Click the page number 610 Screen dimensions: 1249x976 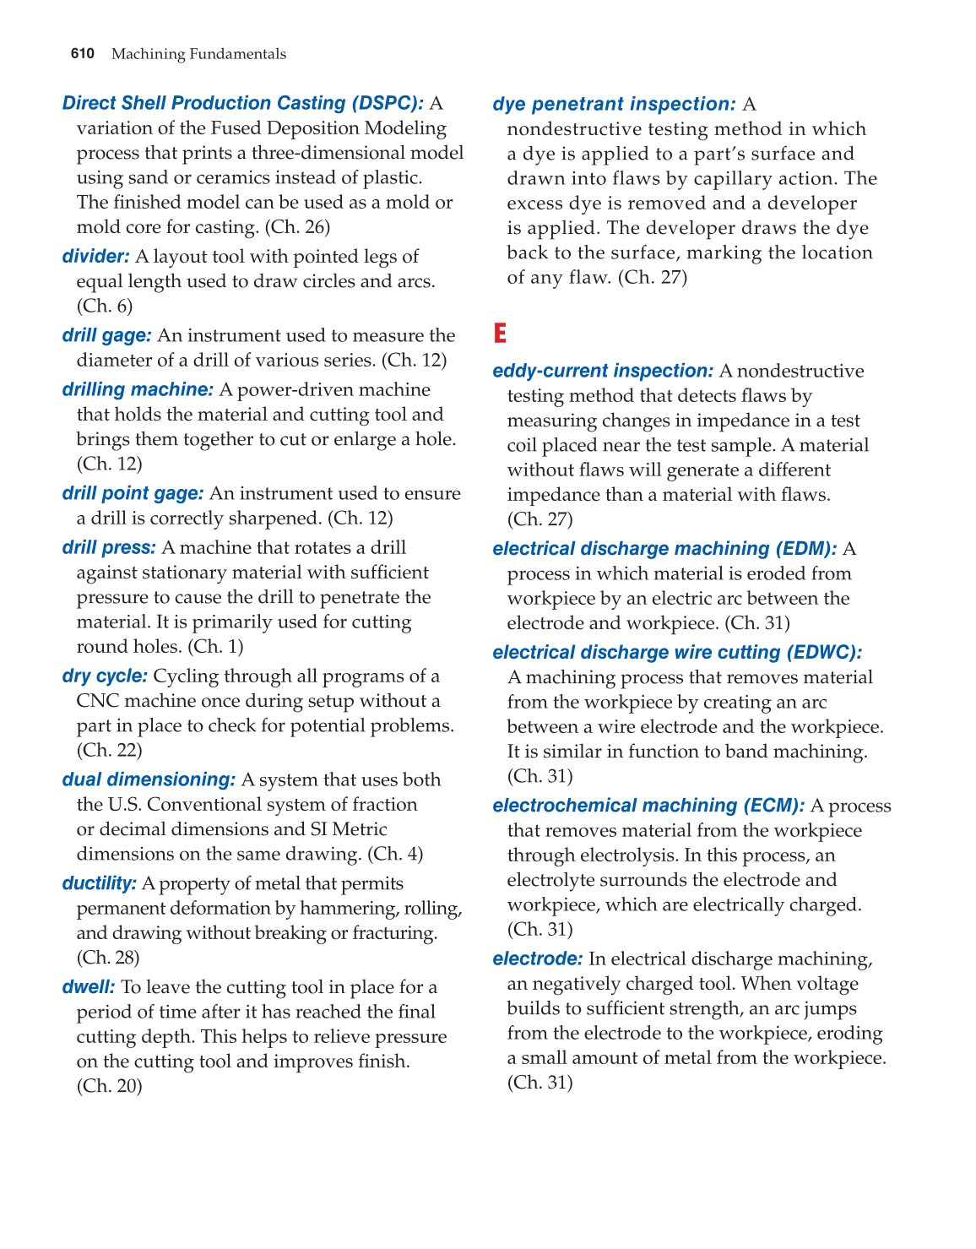tap(83, 54)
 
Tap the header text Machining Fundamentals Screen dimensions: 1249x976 tap(198, 54)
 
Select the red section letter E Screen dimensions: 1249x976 tap(500, 334)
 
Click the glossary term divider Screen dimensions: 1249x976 tap(95, 257)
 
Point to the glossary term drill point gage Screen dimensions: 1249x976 tap(133, 493)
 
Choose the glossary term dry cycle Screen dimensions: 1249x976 tap(105, 676)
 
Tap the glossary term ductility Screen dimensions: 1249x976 tap(99, 883)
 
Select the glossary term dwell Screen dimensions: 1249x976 tap(88, 987)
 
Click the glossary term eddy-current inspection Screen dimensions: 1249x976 tap(603, 371)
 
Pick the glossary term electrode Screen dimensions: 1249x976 tap(537, 958)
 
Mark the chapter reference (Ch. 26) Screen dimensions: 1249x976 tap(297, 227)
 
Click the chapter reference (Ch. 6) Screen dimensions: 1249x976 tap(105, 306)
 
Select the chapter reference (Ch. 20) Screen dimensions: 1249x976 tap(109, 1086)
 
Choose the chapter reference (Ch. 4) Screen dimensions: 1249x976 tap(395, 854)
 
